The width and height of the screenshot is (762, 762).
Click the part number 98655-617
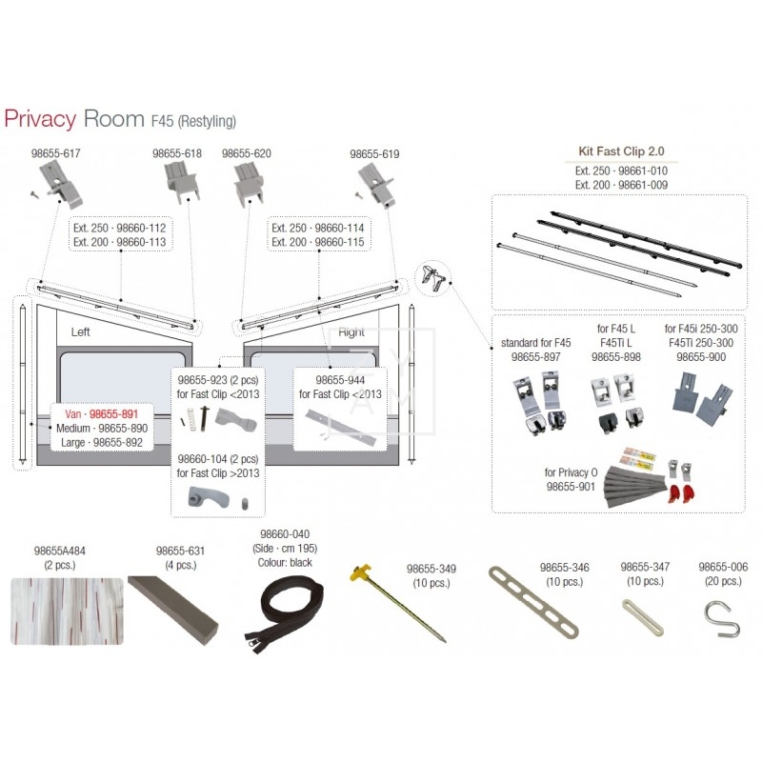56,153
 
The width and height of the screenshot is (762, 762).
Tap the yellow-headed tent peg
397,603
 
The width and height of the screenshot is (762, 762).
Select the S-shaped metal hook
723,619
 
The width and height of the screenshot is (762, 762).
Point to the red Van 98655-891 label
102,414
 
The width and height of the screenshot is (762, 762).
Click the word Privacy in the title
40,118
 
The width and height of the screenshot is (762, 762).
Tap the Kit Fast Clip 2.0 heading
621,151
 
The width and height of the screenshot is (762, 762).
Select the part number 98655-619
374,154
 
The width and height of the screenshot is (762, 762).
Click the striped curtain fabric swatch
67,612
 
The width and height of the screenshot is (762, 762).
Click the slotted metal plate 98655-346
533,602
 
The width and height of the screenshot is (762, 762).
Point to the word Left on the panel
80,331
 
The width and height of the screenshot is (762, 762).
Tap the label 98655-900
701,356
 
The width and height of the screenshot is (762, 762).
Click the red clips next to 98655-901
683,492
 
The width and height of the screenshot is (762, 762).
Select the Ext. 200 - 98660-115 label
318,242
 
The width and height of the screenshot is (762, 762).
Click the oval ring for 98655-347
642,617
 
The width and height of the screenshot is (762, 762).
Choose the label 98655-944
340,380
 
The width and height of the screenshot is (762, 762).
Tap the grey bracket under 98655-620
249,184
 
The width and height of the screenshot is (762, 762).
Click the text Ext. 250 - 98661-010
621,171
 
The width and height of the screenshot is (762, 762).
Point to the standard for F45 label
535,343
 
